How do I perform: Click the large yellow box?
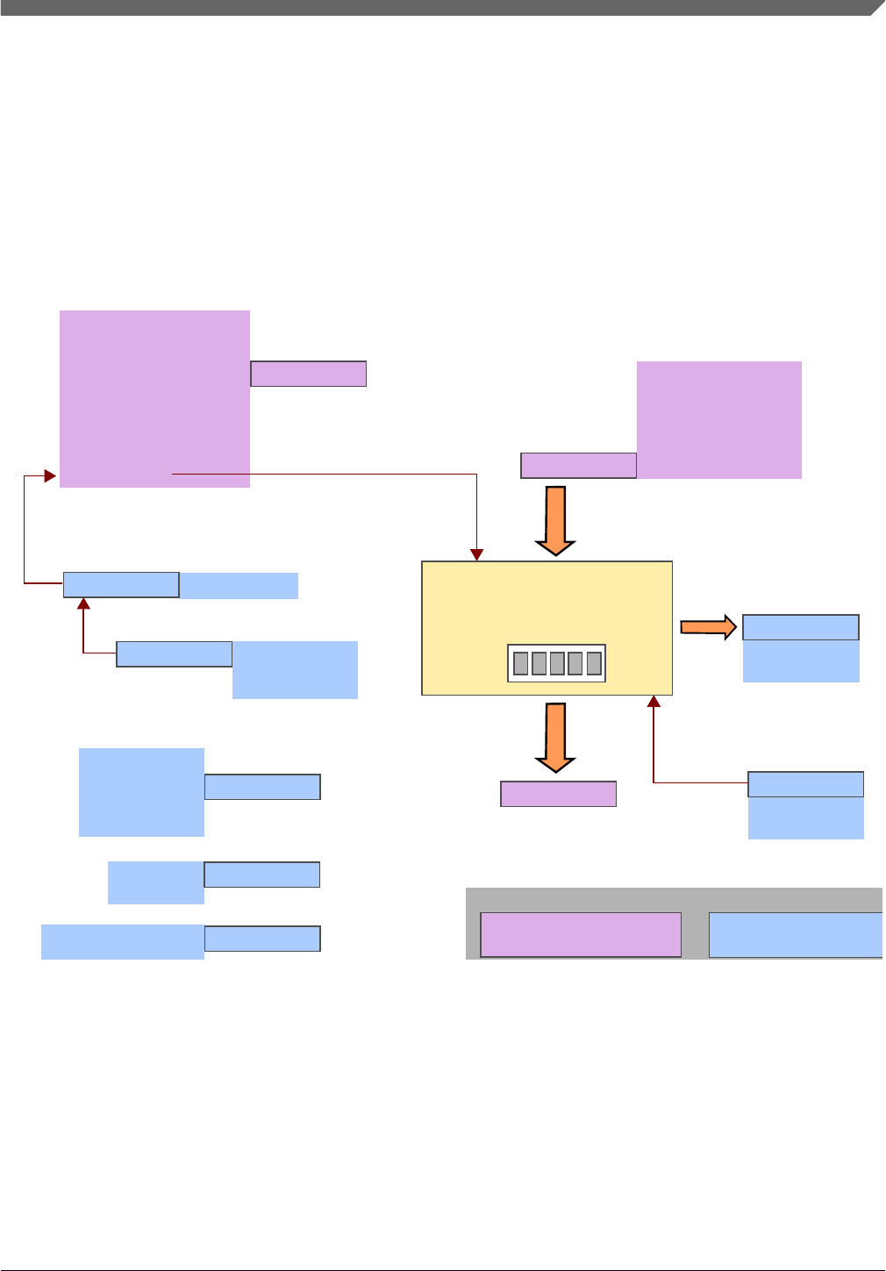tap(547, 605)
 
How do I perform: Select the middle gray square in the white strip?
tap(557, 663)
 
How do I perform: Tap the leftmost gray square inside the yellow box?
tap(520, 663)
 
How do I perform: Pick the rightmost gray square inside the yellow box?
tap(594, 663)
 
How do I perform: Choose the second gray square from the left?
tap(539, 663)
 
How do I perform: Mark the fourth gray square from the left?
tap(575, 663)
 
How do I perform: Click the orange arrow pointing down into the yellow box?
tap(555, 520)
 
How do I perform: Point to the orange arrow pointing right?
tap(708, 626)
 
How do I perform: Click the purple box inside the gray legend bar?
tap(581, 934)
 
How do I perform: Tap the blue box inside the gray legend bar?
tap(795, 934)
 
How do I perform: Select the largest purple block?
tap(154, 398)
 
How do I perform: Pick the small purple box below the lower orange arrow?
tap(558, 794)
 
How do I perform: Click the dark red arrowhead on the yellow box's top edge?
tap(476, 555)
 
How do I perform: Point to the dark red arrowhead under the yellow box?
tap(654, 701)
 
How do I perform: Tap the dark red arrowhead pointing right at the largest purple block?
tap(51, 476)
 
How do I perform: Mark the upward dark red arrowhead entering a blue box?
tap(83, 603)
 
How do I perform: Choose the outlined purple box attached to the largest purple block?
tap(308, 374)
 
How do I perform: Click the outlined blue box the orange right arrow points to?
tap(800, 627)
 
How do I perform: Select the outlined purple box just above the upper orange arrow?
tap(578, 466)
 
